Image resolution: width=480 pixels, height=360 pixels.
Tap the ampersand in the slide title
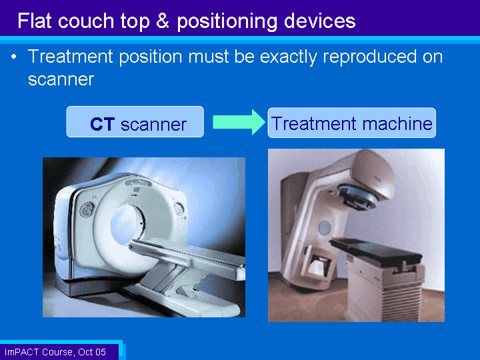[x=162, y=21]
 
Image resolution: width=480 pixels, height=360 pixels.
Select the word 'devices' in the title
[x=319, y=21]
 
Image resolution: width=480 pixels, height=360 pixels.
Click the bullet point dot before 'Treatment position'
[x=13, y=57]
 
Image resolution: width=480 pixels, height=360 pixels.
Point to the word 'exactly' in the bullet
[x=289, y=57]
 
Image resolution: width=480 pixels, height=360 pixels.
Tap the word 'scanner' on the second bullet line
[x=61, y=79]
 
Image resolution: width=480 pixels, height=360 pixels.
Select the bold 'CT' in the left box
[x=103, y=124]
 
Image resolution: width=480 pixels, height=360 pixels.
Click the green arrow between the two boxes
[x=239, y=122]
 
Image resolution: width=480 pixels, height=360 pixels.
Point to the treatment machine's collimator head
[x=357, y=197]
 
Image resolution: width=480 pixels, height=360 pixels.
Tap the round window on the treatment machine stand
[x=324, y=228]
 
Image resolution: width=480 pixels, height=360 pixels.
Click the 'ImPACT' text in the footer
[x=22, y=352]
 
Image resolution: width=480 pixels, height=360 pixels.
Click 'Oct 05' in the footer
[x=92, y=352]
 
